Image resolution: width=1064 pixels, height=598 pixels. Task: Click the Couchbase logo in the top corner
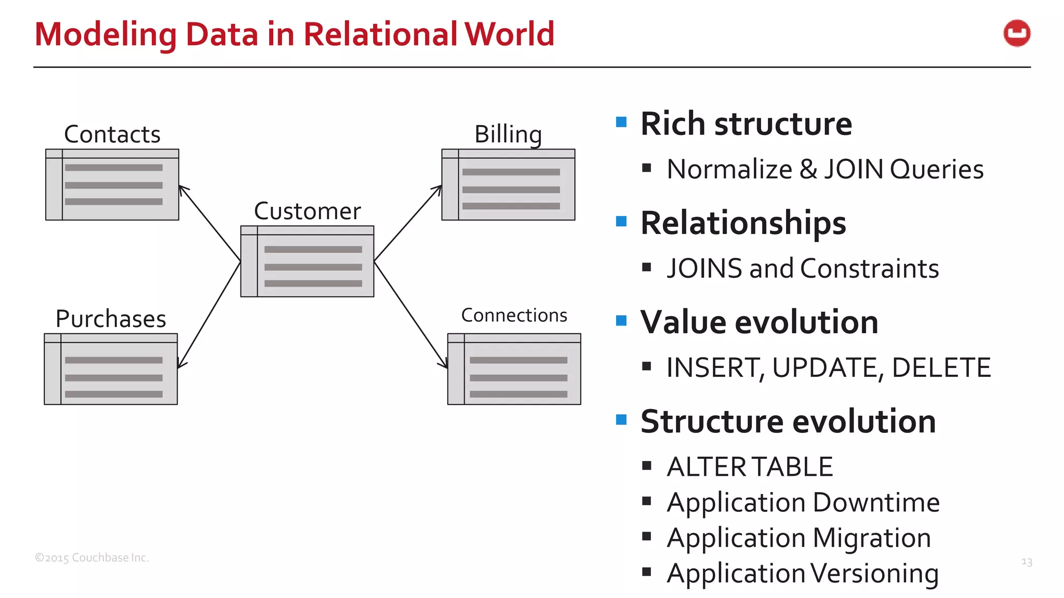(x=1017, y=34)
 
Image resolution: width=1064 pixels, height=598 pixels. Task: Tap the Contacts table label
(x=112, y=134)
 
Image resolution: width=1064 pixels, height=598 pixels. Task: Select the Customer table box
(x=307, y=262)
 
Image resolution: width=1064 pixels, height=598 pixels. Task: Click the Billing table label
(x=508, y=134)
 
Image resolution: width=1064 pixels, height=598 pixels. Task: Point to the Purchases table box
(x=111, y=369)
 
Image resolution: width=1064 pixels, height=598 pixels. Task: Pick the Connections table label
(x=514, y=316)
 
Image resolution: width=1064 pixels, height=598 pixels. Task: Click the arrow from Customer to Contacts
(x=209, y=223)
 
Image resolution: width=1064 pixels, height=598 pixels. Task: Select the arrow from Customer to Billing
(x=408, y=223)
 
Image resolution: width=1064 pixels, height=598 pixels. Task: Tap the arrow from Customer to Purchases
(x=209, y=315)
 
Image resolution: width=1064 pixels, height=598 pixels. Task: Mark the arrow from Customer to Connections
(x=410, y=315)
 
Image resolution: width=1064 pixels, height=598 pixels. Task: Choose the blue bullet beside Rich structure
(x=621, y=123)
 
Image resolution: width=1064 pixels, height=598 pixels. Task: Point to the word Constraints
(x=870, y=269)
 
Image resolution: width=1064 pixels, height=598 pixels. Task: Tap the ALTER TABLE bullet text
(x=750, y=467)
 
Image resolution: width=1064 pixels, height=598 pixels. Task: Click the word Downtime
(x=876, y=502)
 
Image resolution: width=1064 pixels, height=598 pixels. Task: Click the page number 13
(x=1027, y=562)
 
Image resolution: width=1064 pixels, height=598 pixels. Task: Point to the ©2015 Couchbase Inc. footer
(x=92, y=558)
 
